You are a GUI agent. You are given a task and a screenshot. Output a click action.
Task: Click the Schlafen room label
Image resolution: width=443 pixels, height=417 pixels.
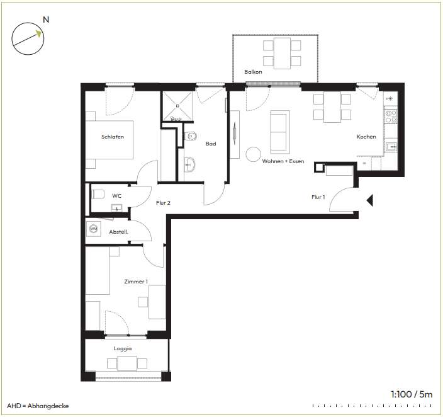click(113, 137)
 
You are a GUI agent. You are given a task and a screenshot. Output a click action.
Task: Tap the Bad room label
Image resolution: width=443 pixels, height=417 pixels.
click(211, 144)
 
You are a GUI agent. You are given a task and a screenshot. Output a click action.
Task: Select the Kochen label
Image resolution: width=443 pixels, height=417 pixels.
click(366, 137)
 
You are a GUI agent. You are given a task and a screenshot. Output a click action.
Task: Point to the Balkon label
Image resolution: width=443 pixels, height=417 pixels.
click(253, 72)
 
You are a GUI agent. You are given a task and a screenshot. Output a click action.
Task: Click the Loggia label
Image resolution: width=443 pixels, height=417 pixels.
click(123, 348)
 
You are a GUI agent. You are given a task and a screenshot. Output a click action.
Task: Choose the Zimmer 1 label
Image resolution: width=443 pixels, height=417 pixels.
click(136, 282)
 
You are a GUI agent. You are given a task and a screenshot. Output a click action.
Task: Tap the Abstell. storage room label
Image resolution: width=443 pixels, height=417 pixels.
click(119, 232)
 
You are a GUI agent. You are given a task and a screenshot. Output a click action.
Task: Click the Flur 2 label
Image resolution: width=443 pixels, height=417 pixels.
click(164, 203)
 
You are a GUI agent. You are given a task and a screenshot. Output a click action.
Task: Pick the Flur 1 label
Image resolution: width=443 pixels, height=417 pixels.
click(318, 197)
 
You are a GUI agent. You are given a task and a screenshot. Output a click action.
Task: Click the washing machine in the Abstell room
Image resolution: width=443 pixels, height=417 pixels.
click(94, 229)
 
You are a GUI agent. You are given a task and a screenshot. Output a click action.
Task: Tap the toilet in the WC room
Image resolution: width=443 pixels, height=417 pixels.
click(98, 194)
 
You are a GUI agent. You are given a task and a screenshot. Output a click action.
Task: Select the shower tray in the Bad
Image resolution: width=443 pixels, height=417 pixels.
click(177, 106)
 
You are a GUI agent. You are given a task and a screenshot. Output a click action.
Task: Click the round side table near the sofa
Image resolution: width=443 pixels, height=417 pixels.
click(253, 154)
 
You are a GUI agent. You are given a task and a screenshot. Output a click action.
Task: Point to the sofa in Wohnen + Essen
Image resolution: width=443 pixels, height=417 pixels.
click(280, 132)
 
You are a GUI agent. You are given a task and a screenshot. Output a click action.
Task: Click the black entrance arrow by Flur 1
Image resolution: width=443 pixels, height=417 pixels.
click(370, 200)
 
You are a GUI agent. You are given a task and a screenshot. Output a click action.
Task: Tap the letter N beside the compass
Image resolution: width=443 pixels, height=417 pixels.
click(46, 20)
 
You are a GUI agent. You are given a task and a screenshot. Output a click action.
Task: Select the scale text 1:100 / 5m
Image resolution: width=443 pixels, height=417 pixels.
click(412, 394)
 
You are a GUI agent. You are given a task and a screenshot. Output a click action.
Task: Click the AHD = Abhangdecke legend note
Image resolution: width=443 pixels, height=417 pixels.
click(38, 406)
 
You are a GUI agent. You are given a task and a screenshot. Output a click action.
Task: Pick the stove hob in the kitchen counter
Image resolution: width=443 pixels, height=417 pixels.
click(391, 117)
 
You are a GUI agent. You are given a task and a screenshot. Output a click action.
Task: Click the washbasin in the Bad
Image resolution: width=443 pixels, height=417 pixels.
click(189, 164)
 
